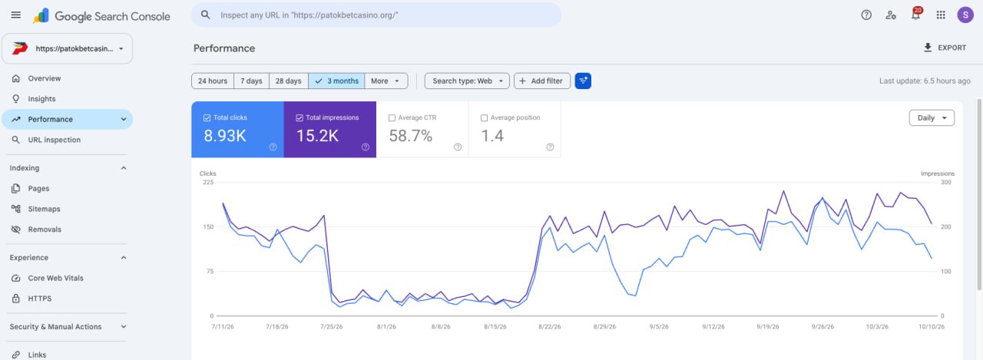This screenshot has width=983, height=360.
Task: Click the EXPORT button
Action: click(x=945, y=48)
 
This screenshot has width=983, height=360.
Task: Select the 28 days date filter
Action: click(x=288, y=81)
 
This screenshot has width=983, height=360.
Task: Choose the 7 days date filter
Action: click(x=251, y=81)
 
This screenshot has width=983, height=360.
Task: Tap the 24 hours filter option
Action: click(x=213, y=81)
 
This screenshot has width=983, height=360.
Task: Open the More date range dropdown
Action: click(x=386, y=81)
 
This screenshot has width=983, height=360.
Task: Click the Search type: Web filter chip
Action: click(x=467, y=81)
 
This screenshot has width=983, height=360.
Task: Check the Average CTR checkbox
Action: click(x=392, y=118)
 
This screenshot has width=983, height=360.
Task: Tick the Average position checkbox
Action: click(x=484, y=118)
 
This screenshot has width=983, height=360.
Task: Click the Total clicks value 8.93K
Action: click(x=225, y=136)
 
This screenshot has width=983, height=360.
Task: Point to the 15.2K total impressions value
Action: click(x=317, y=136)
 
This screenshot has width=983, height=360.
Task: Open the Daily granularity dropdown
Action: click(x=932, y=118)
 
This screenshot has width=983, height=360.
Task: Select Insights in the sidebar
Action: click(x=41, y=99)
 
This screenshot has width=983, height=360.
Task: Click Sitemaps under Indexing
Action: click(x=44, y=209)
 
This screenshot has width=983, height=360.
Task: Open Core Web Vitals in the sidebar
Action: click(x=55, y=278)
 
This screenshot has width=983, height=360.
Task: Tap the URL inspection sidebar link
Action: click(x=54, y=140)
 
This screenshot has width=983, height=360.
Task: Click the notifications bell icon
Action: click(x=915, y=15)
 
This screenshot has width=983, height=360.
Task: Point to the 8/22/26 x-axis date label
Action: click(x=549, y=327)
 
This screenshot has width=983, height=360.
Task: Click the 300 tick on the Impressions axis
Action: click(x=945, y=183)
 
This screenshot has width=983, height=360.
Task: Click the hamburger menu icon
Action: click(x=16, y=15)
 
